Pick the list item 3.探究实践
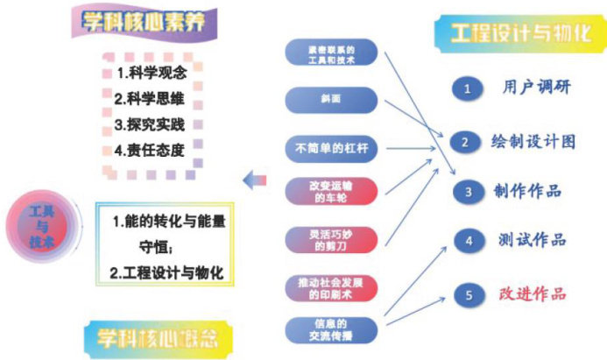coord(150,124)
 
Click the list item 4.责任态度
coord(150,150)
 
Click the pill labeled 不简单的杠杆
coord(332,147)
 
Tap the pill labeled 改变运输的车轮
coord(332,191)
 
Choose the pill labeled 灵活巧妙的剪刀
coord(332,239)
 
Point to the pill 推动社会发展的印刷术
coord(332,287)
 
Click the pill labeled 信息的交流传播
coord(332,328)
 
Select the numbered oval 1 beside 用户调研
coord(469,88)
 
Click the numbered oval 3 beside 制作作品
coord(469,191)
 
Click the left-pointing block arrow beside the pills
coord(255,180)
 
